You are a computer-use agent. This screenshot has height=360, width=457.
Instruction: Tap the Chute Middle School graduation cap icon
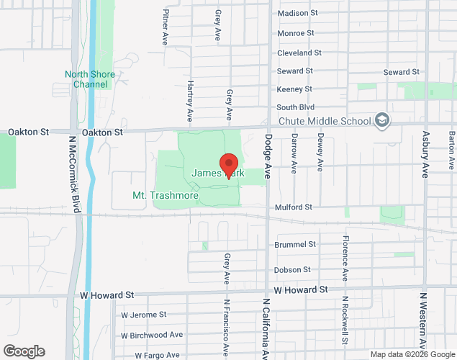pyautogui.click(x=382, y=120)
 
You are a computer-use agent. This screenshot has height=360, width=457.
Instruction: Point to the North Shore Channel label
pyautogui.click(x=91, y=79)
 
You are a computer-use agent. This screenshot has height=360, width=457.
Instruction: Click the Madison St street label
pyautogui.click(x=297, y=13)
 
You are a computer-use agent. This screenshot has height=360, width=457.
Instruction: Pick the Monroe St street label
pyautogui.click(x=296, y=33)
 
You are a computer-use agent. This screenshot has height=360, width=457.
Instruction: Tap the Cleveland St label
pyautogui.click(x=299, y=53)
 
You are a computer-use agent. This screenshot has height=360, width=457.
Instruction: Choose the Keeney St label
pyautogui.click(x=294, y=89)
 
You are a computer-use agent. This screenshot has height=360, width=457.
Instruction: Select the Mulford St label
pyautogui.click(x=293, y=207)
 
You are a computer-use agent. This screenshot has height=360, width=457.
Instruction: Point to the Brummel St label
pyautogui.click(x=295, y=245)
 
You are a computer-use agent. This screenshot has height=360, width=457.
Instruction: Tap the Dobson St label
pyautogui.click(x=292, y=270)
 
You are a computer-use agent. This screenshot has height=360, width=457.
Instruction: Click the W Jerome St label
pyautogui.click(x=143, y=315)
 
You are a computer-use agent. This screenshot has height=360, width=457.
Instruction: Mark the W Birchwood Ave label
pyautogui.click(x=152, y=336)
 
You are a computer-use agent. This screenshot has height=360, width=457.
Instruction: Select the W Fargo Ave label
pyautogui.click(x=150, y=355)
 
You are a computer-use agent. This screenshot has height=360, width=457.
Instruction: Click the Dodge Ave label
pyautogui.click(x=268, y=155)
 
